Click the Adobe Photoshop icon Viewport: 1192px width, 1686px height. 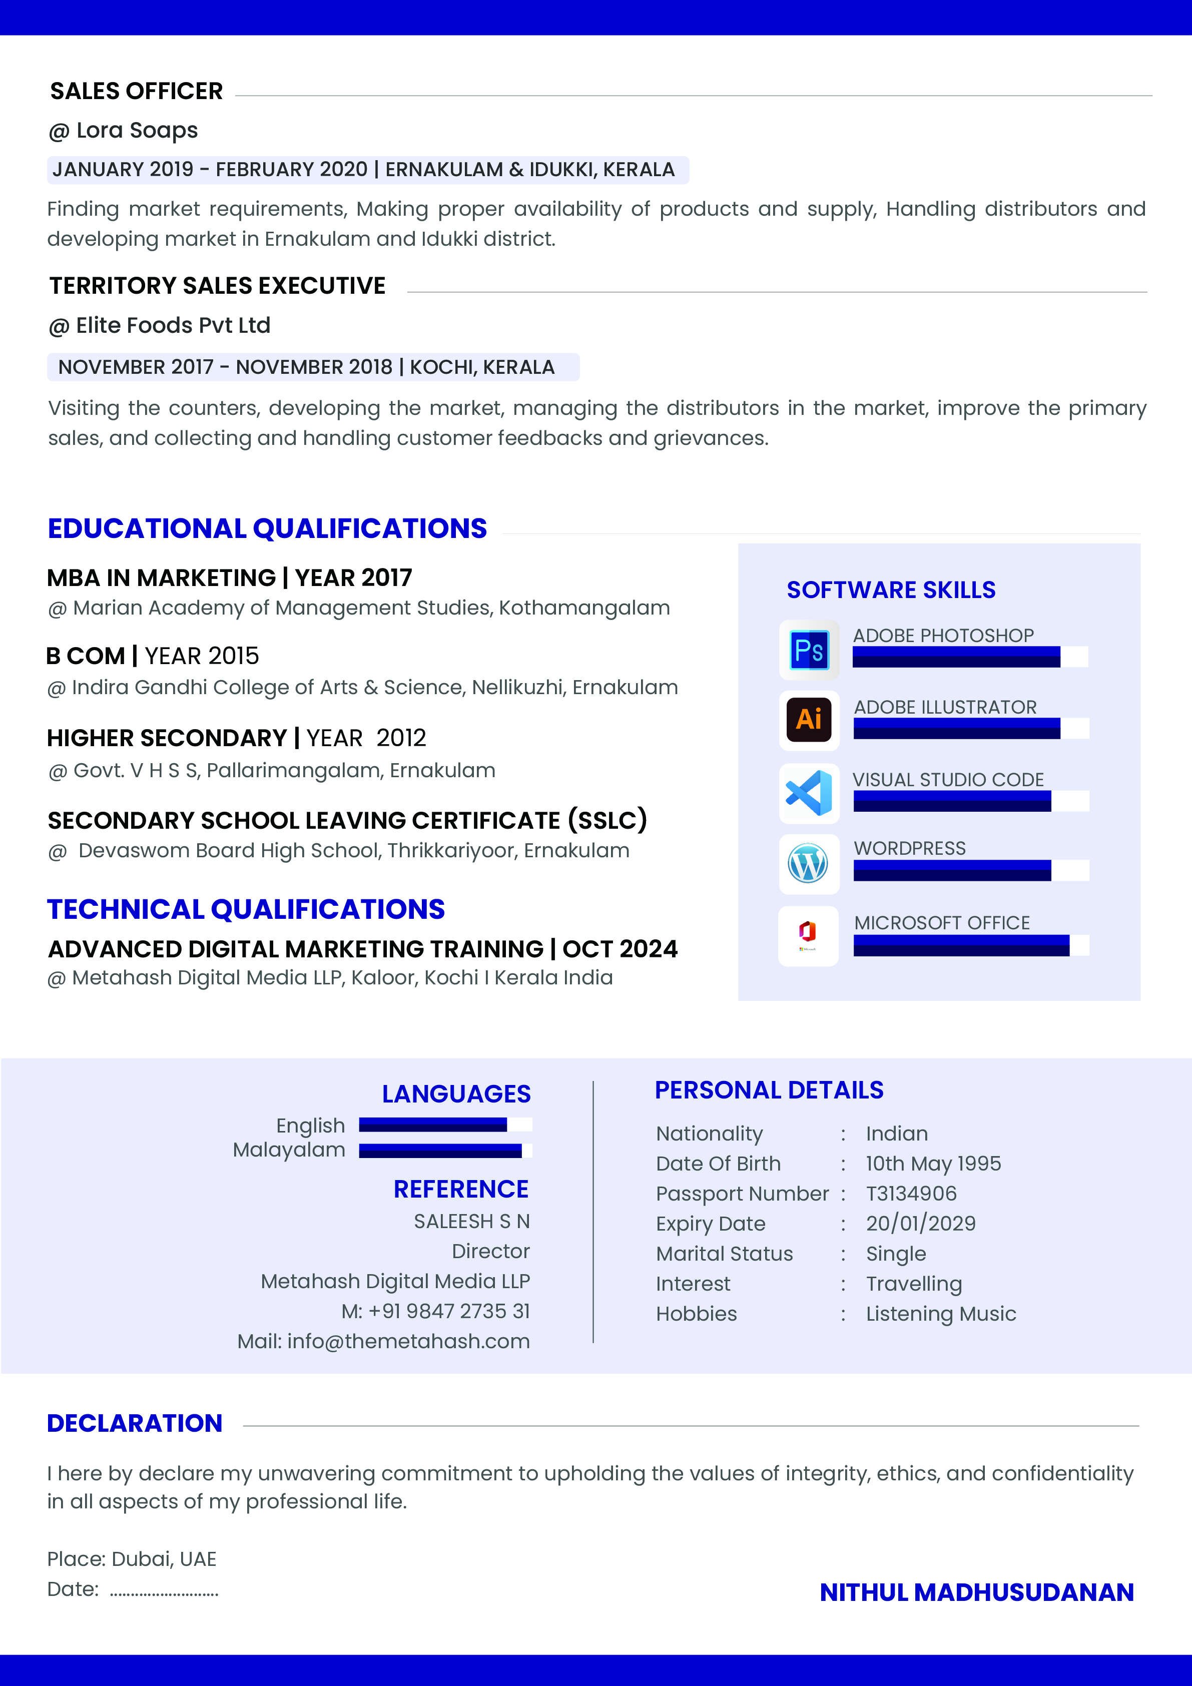pyautogui.click(x=809, y=650)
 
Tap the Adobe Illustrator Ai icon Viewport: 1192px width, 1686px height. pyautogui.click(x=809, y=720)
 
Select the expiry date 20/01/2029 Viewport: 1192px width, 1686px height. pyautogui.click(x=920, y=1224)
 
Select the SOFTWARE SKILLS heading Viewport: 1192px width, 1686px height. pyautogui.click(x=891, y=590)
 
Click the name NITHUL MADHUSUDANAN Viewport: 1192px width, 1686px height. pyautogui.click(x=976, y=1592)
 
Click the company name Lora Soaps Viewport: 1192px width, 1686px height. pyautogui.click(x=137, y=131)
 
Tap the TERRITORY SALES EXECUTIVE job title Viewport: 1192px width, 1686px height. pyautogui.click(x=217, y=286)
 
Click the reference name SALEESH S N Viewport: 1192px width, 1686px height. pyautogui.click(x=471, y=1221)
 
